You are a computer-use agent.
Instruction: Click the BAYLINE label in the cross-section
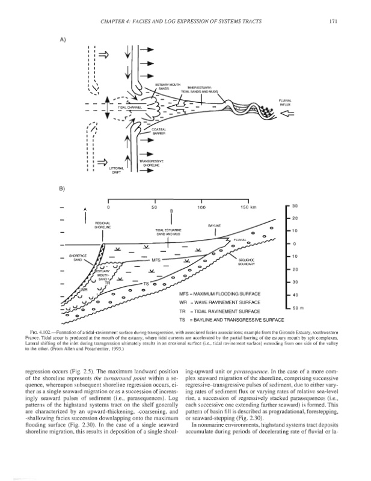click(x=215, y=225)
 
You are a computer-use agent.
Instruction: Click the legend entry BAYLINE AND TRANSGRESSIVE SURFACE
click(x=231, y=320)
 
